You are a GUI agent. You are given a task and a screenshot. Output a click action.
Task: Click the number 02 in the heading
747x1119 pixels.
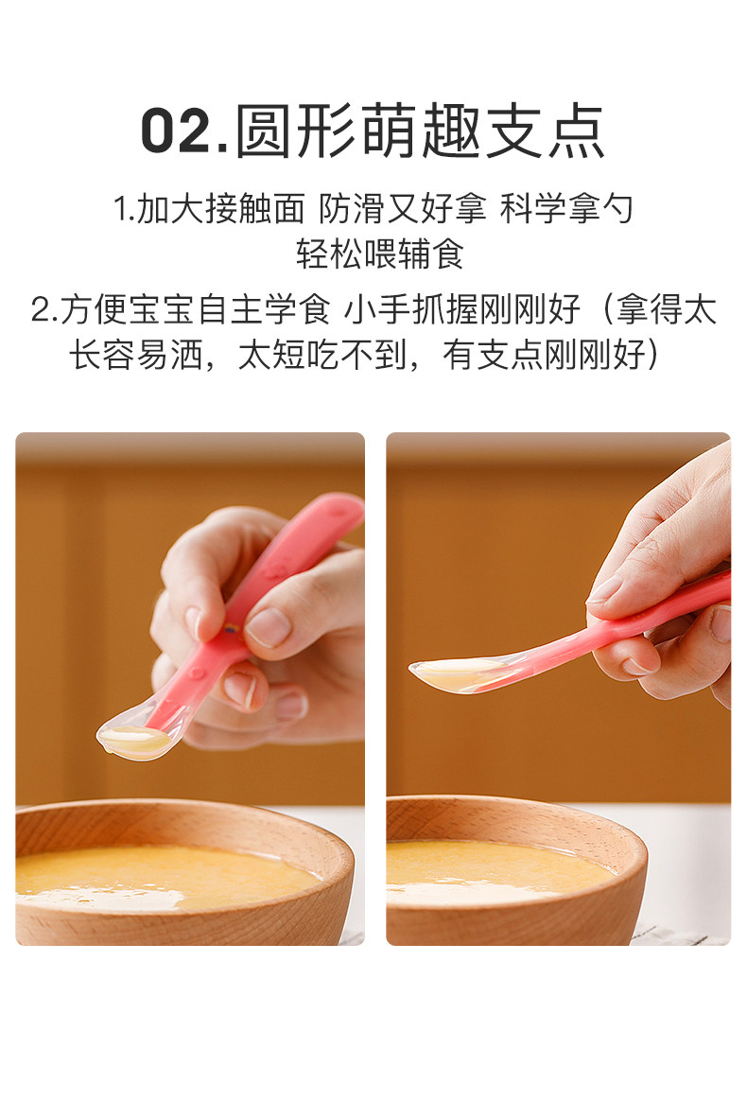point(176,131)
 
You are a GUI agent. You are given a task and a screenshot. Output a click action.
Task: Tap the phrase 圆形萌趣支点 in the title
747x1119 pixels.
point(421,131)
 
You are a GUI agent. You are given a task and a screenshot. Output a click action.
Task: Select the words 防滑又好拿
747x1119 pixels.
point(403,209)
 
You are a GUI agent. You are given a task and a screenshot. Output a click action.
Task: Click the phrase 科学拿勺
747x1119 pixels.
point(566,209)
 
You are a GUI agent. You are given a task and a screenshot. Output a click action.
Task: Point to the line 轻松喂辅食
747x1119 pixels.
point(379,254)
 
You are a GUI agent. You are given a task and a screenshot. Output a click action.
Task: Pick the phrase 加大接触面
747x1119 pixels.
point(220,209)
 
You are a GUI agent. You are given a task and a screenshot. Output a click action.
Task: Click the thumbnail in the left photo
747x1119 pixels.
point(269,626)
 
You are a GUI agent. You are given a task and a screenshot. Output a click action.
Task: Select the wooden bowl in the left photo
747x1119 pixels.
point(184,873)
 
